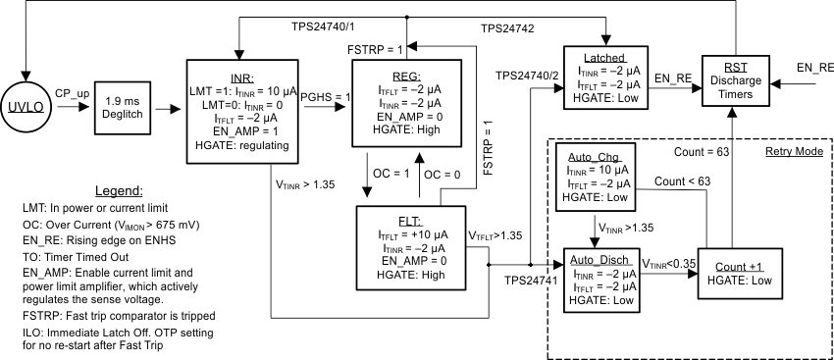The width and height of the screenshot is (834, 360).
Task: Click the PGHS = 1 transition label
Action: [x=327, y=95]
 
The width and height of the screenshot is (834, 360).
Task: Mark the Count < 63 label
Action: [x=682, y=181]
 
